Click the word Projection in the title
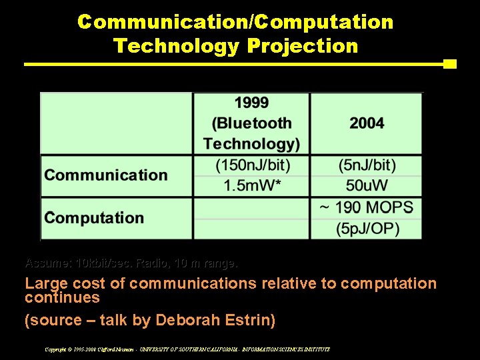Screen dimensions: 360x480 click(x=302, y=46)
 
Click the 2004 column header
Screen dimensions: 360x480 click(x=367, y=123)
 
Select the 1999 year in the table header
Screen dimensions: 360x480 click(x=251, y=103)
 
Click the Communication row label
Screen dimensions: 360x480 click(x=106, y=175)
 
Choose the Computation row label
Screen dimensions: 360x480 click(x=94, y=218)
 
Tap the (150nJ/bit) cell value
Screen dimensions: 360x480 click(x=251, y=165)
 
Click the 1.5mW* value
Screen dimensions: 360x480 click(x=251, y=185)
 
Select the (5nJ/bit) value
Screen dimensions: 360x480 click(x=367, y=165)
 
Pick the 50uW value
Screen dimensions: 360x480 click(x=367, y=185)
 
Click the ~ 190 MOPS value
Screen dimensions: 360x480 click(x=366, y=207)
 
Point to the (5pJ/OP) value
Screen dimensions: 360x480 click(x=367, y=229)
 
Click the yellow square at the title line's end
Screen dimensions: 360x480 click(x=450, y=64)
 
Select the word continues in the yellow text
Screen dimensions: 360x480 click(x=62, y=297)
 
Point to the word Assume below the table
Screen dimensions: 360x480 click(x=48, y=263)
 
